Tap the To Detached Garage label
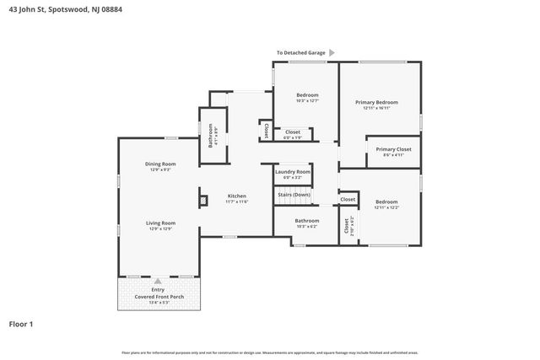point(300,53)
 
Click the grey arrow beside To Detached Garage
point(332,53)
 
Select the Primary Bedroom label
point(381,102)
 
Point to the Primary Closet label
point(393,149)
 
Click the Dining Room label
point(160,164)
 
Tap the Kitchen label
point(236,196)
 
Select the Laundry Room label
point(293,172)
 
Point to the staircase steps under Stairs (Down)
point(293,201)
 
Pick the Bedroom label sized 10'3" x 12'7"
point(306,96)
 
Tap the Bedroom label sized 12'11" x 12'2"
point(386,201)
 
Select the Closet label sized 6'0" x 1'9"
point(293,132)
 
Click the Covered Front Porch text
point(158,296)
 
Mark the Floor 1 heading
point(21,324)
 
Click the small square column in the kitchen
point(203,201)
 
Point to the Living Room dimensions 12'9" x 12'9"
point(160,228)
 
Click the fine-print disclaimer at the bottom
point(269,352)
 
